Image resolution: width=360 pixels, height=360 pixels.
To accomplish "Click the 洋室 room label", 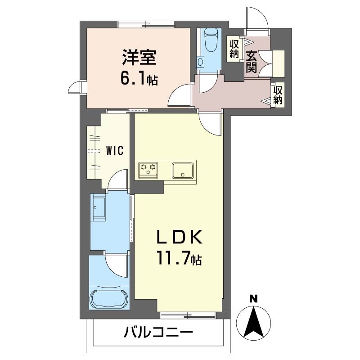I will pos(139,59).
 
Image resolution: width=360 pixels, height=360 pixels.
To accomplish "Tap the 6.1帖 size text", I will pos(139,79).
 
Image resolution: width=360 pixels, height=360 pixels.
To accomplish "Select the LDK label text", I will pos(180,237).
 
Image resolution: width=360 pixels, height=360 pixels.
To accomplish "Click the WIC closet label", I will pos(115,151).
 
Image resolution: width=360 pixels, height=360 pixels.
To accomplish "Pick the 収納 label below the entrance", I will pos(278,94).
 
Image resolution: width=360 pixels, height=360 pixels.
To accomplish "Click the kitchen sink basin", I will pos(183,170).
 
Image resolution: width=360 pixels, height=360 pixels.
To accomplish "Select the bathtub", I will pos(109,298).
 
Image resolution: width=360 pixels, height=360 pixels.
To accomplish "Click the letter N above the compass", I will pos(254,298).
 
